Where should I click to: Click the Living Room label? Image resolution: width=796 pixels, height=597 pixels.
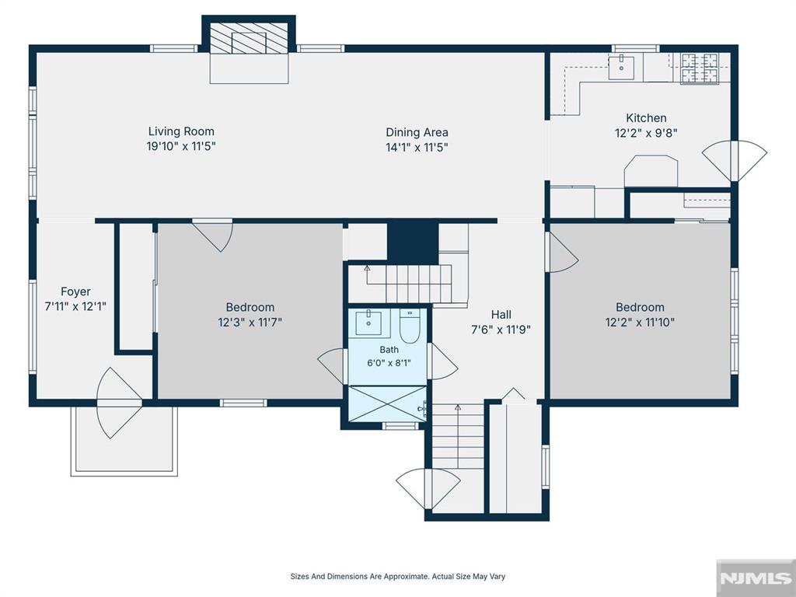(181, 131)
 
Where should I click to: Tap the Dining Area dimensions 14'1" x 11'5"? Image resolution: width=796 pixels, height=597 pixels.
(417, 148)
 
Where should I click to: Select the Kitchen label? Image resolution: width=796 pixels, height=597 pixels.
(646, 118)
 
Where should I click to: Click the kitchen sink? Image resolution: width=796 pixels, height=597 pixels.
(621, 68)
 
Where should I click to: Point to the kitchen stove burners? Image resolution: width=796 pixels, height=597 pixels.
(699, 68)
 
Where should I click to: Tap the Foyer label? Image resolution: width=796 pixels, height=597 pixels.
(75, 292)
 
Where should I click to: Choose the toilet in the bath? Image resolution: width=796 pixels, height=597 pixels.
(410, 326)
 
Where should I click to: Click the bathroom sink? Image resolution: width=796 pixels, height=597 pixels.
(368, 323)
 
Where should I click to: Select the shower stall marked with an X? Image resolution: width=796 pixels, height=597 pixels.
(388, 403)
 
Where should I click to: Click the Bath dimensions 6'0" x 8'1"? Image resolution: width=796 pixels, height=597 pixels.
(389, 363)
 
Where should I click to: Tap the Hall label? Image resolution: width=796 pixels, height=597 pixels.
(501, 315)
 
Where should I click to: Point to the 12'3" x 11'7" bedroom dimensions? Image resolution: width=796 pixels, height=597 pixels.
(250, 323)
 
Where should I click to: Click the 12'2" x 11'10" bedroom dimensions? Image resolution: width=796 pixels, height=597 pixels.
(640, 323)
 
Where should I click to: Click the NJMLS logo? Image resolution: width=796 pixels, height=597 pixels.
(756, 578)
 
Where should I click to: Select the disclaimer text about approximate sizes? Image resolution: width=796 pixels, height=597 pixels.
(397, 576)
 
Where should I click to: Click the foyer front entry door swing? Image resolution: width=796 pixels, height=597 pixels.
(119, 403)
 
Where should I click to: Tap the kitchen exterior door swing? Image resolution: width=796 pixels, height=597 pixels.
(735, 161)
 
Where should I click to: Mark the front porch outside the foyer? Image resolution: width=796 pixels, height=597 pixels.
(124, 441)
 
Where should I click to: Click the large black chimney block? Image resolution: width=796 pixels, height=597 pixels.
(413, 243)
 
